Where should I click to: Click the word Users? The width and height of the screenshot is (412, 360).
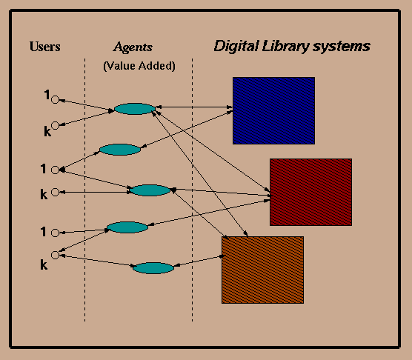[x=45, y=47]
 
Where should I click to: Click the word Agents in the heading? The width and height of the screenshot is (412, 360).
[x=133, y=47]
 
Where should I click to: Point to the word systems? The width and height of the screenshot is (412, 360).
[x=342, y=47]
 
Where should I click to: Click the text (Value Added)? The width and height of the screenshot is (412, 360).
[x=139, y=66]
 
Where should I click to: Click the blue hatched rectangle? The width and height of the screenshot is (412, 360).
[x=273, y=110]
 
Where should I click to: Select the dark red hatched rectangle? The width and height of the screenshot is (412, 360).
[x=310, y=192]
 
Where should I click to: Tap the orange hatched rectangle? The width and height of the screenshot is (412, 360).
[x=263, y=270]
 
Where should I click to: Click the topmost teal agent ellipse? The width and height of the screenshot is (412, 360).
[x=135, y=109]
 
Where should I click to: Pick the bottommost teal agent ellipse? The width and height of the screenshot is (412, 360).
[x=153, y=268]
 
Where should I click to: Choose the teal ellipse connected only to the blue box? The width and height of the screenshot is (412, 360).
[x=120, y=150]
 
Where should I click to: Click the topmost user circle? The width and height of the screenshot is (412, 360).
[x=55, y=100]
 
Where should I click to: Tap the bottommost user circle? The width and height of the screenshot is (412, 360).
[x=55, y=255]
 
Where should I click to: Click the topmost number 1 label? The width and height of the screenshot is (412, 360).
[x=47, y=95]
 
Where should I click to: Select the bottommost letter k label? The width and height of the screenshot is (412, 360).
[x=44, y=264]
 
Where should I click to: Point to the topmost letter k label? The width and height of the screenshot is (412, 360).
[x=47, y=131]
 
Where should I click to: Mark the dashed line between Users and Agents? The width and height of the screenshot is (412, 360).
[x=85, y=190]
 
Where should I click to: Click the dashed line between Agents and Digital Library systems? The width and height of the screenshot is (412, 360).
[x=193, y=190]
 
